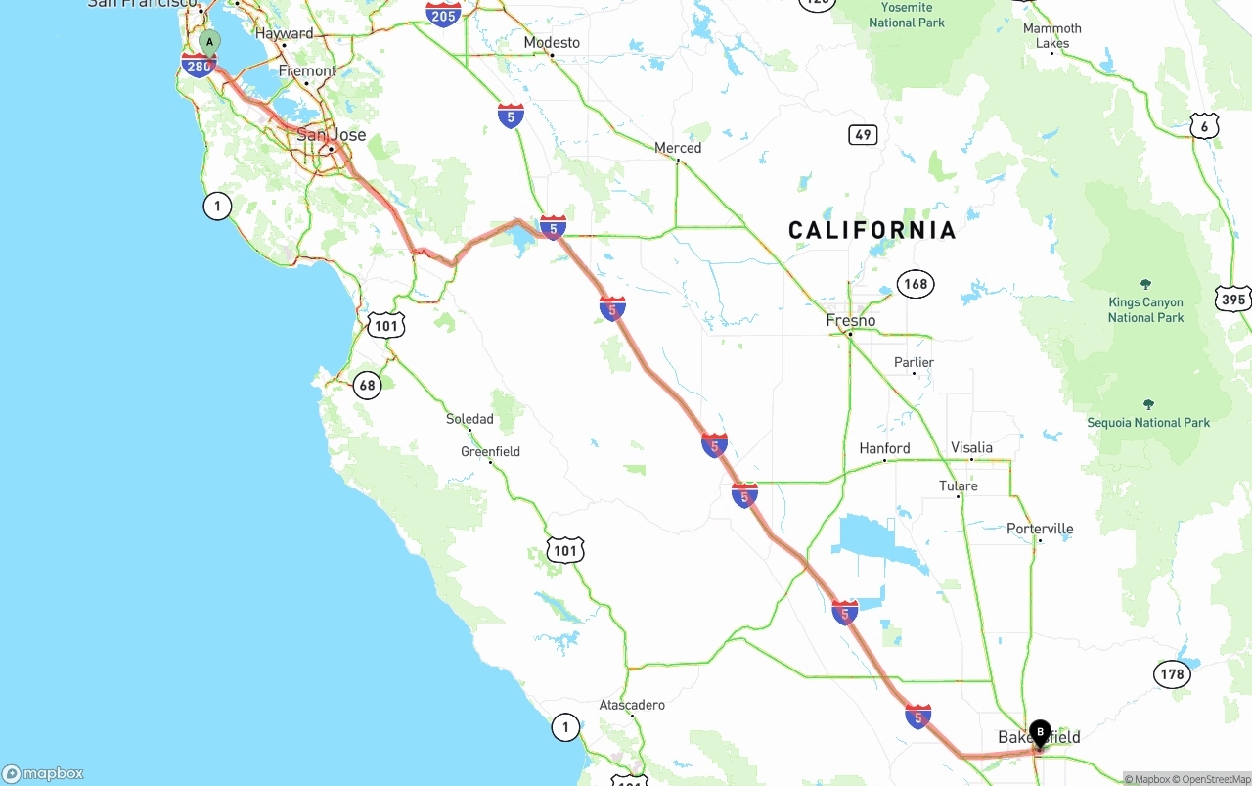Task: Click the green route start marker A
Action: pyautogui.click(x=209, y=42)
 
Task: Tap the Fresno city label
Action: pyautogui.click(x=851, y=321)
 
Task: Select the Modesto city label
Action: pyautogui.click(x=552, y=43)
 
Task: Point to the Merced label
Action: pyautogui.click(x=678, y=148)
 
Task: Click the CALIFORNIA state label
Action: pyautogui.click(x=872, y=230)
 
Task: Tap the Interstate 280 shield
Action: pyautogui.click(x=199, y=66)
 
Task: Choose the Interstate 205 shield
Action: pyautogui.click(x=443, y=14)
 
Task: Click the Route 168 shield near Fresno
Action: pyautogui.click(x=915, y=285)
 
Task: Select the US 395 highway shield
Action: pyautogui.click(x=1233, y=300)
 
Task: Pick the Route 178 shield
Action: pyautogui.click(x=1172, y=673)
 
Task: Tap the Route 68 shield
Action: pyautogui.click(x=367, y=385)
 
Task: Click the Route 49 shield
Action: pyautogui.click(x=863, y=135)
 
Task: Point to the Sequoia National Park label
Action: pyautogui.click(x=1148, y=422)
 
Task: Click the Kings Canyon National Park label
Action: pyautogui.click(x=1145, y=309)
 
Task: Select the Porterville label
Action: pyautogui.click(x=1040, y=529)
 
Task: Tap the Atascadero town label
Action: pyautogui.click(x=632, y=705)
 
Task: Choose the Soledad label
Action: pyautogui.click(x=469, y=419)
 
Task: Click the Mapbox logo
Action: pyautogui.click(x=43, y=773)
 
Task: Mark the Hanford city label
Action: pyautogui.click(x=884, y=448)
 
